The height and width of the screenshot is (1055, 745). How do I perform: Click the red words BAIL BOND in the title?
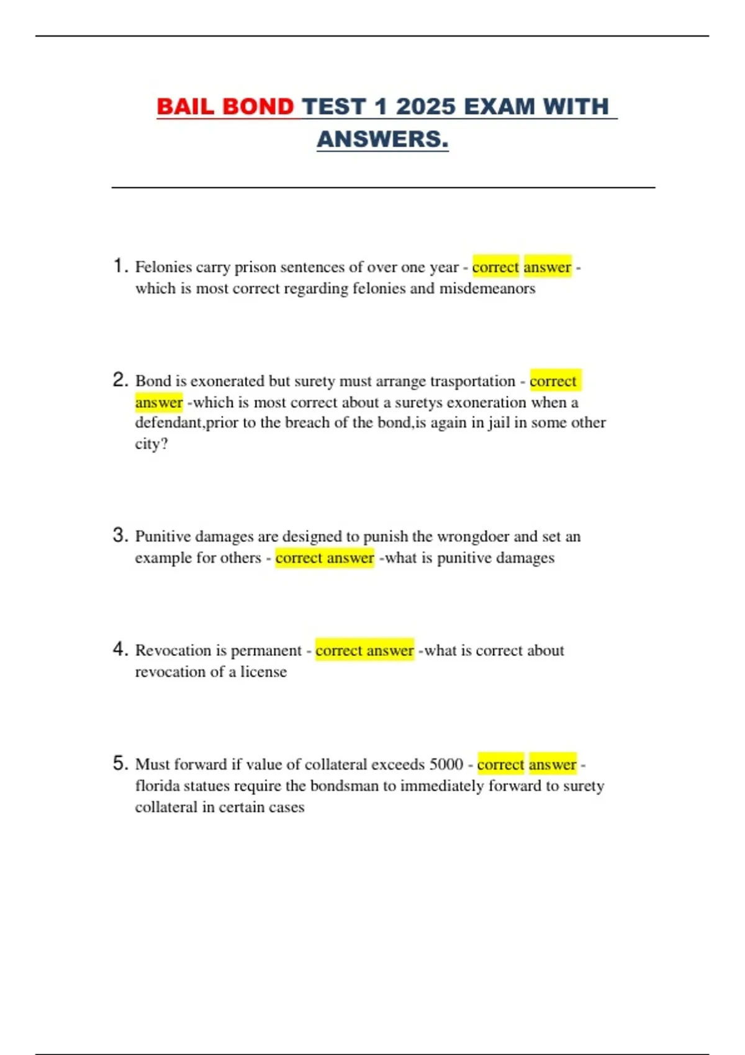[225, 107]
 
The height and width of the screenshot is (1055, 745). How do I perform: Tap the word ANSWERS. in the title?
[382, 140]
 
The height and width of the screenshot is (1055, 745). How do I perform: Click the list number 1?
[120, 266]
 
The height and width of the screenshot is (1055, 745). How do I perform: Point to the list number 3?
[120, 535]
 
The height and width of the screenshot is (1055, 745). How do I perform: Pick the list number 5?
[120, 763]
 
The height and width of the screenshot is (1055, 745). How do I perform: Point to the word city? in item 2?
[151, 444]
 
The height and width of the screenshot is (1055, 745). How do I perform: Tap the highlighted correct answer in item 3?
[325, 558]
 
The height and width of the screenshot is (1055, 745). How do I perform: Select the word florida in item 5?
[155, 786]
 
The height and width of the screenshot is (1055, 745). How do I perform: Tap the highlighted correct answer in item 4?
[364, 650]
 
